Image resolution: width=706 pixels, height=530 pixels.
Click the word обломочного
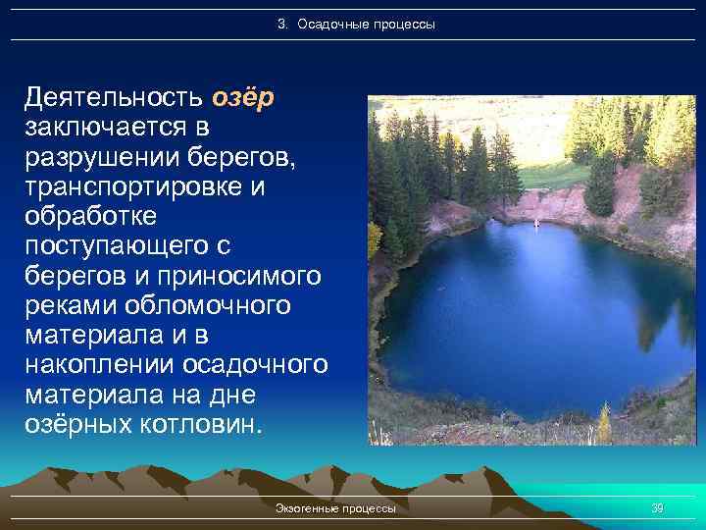tap(211, 305)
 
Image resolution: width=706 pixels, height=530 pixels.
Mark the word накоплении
tap(103, 364)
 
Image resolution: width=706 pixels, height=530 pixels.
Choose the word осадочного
tap(257, 364)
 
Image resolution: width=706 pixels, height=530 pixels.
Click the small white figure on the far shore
tap(536, 224)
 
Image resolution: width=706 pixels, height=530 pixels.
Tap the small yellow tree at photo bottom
tap(604, 425)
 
